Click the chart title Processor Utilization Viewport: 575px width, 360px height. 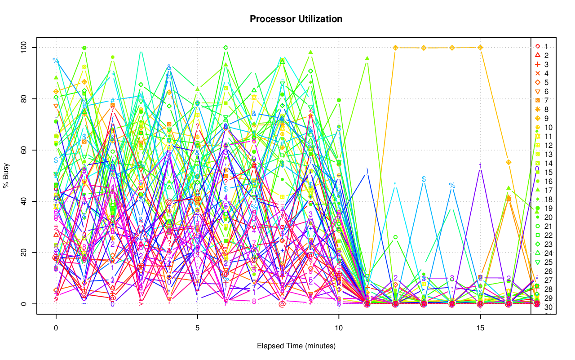pyautogui.click(x=296, y=19)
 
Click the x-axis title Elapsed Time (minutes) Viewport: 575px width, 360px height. pyautogui.click(x=296, y=346)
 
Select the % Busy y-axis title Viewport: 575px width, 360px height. pyautogui.click(x=6, y=175)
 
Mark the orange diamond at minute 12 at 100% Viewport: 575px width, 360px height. pyautogui.click(x=395, y=48)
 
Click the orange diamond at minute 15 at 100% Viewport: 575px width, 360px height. pyautogui.click(x=480, y=48)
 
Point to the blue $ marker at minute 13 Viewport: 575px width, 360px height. pyautogui.click(x=424, y=179)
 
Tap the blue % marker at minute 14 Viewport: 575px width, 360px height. pyautogui.click(x=452, y=186)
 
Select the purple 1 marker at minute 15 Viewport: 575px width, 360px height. pyautogui.click(x=480, y=166)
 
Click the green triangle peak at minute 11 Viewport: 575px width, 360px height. pyautogui.click(x=367, y=58)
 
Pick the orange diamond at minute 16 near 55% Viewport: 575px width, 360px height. pyautogui.click(x=509, y=162)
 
